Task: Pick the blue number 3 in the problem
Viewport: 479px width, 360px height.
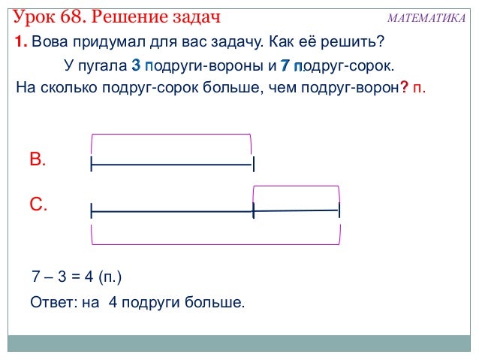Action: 135,65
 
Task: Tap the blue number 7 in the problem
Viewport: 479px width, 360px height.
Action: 285,65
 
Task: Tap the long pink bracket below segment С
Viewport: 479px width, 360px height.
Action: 215,243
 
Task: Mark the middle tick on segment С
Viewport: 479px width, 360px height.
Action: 254,211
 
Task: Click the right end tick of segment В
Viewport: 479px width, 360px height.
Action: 254,164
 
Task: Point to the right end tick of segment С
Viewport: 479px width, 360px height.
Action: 339,210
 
